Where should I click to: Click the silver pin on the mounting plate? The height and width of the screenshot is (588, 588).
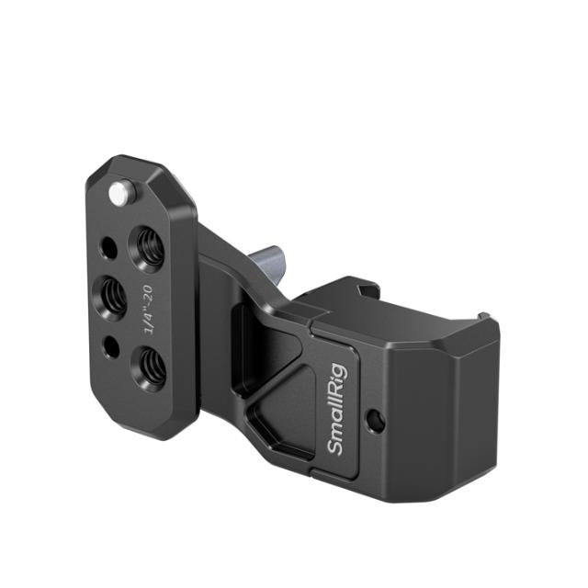[119, 193]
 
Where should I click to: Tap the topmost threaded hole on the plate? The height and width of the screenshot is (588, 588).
[147, 247]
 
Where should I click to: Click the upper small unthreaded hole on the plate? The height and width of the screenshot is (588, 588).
[108, 247]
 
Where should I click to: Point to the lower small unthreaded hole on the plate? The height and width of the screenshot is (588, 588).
[110, 346]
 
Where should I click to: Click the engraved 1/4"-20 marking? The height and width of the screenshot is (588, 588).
[144, 309]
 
